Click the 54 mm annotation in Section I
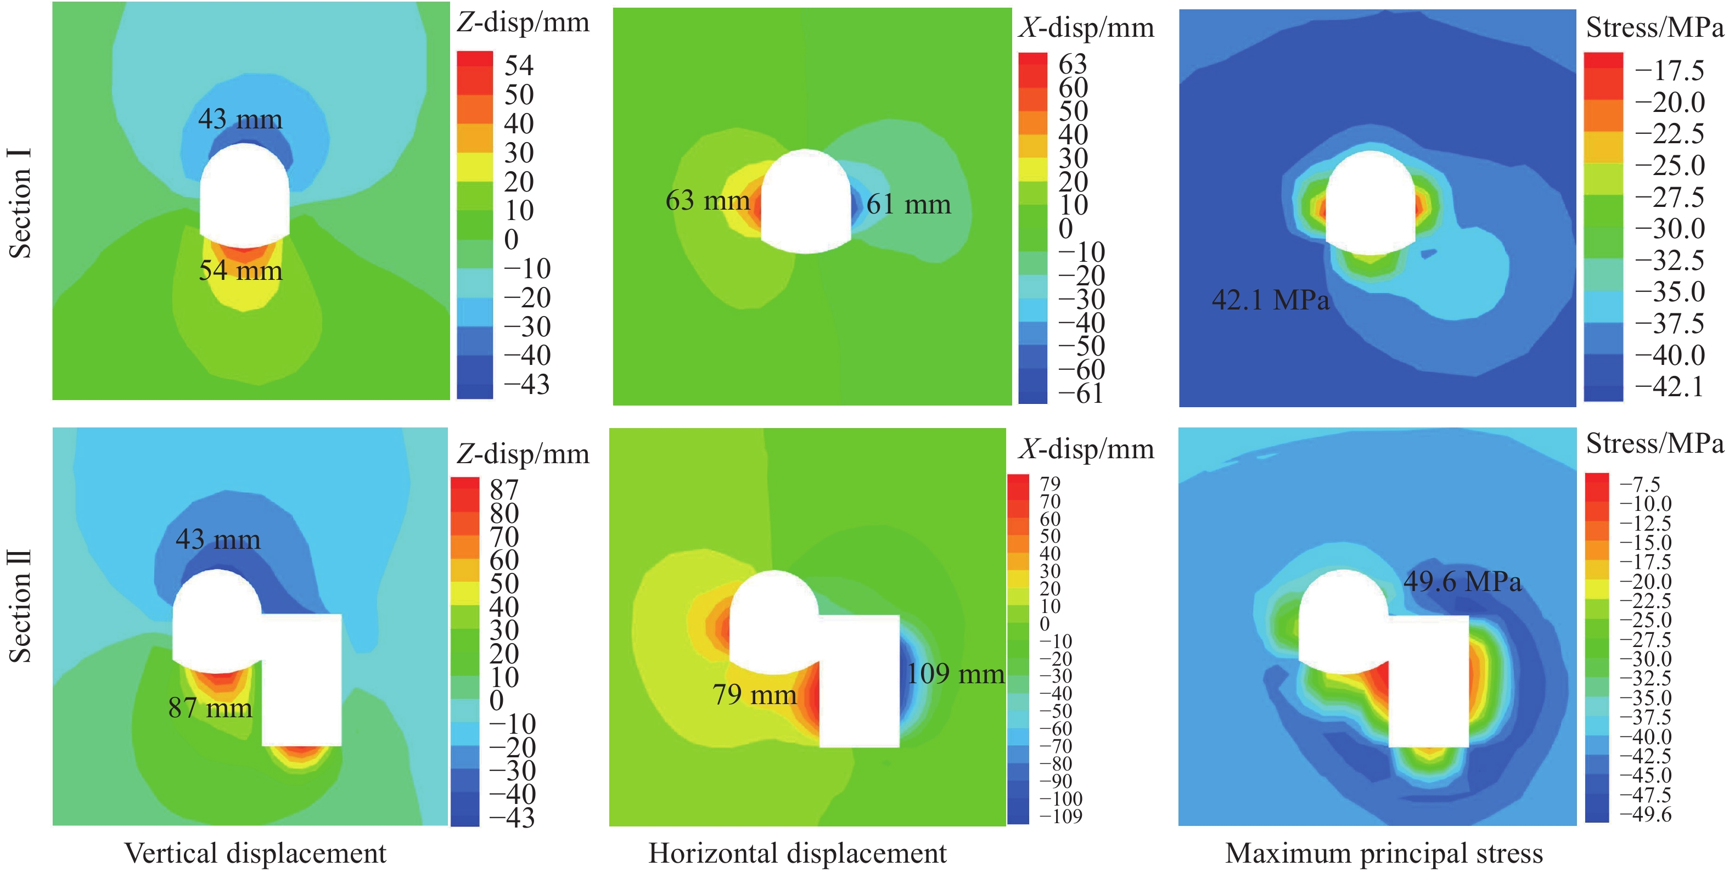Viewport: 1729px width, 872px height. tap(240, 271)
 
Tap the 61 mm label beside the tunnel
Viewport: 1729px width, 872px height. tap(908, 204)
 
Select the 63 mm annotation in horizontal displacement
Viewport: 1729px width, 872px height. tap(708, 200)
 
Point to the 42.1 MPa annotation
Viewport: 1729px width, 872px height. tap(1270, 300)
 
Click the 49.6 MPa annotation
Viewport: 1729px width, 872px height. tap(1462, 581)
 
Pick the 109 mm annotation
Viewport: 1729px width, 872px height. tap(955, 673)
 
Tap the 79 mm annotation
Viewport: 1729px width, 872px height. tap(754, 694)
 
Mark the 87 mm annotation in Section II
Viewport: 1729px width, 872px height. tap(210, 707)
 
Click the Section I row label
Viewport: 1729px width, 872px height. tap(20, 204)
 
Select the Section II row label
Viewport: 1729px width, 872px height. tap(20, 606)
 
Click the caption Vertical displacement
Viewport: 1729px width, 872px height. tap(255, 853)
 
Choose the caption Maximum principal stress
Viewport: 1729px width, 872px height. tap(1383, 853)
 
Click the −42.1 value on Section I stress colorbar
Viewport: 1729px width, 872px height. tap(1669, 387)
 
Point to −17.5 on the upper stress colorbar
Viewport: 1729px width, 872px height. tap(1669, 70)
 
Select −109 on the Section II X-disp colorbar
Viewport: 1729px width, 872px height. tap(1060, 816)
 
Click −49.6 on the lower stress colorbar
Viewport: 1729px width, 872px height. tap(1645, 814)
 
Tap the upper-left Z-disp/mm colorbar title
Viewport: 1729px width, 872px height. tap(523, 23)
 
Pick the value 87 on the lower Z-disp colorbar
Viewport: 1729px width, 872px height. tap(504, 490)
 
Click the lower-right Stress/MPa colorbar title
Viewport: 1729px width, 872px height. tap(1654, 444)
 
